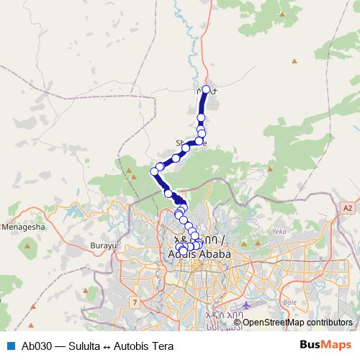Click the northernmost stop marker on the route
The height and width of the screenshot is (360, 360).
(x=206, y=90)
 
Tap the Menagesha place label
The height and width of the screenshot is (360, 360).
(x=24, y=226)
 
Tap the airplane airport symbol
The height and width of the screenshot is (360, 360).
(x=248, y=305)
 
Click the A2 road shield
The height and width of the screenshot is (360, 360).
(x=348, y=206)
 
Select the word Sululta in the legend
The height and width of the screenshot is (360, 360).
(x=78, y=345)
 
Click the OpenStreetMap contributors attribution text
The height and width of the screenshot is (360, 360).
(x=297, y=322)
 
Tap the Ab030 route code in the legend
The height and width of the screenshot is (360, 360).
(x=35, y=345)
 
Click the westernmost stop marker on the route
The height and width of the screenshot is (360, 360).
(x=153, y=171)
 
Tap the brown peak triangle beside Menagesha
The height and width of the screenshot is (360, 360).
(x=28, y=246)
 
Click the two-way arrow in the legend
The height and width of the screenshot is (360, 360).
(x=105, y=345)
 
